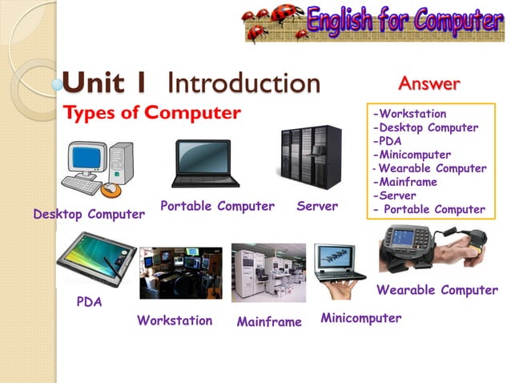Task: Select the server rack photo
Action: [x=309, y=157]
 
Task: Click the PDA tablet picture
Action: [x=95, y=257]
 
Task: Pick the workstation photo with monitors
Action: [x=180, y=272]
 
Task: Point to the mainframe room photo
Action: [x=268, y=272]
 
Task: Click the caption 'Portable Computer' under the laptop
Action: [x=217, y=207]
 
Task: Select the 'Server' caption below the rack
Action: [x=317, y=207]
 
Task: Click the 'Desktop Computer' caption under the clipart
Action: [x=89, y=215]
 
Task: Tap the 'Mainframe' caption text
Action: [x=269, y=322]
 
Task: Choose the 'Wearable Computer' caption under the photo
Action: [x=437, y=290]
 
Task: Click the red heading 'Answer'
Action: [x=429, y=83]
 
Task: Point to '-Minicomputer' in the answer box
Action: [x=412, y=155]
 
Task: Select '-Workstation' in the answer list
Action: [x=409, y=114]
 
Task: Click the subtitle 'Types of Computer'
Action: [x=151, y=113]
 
